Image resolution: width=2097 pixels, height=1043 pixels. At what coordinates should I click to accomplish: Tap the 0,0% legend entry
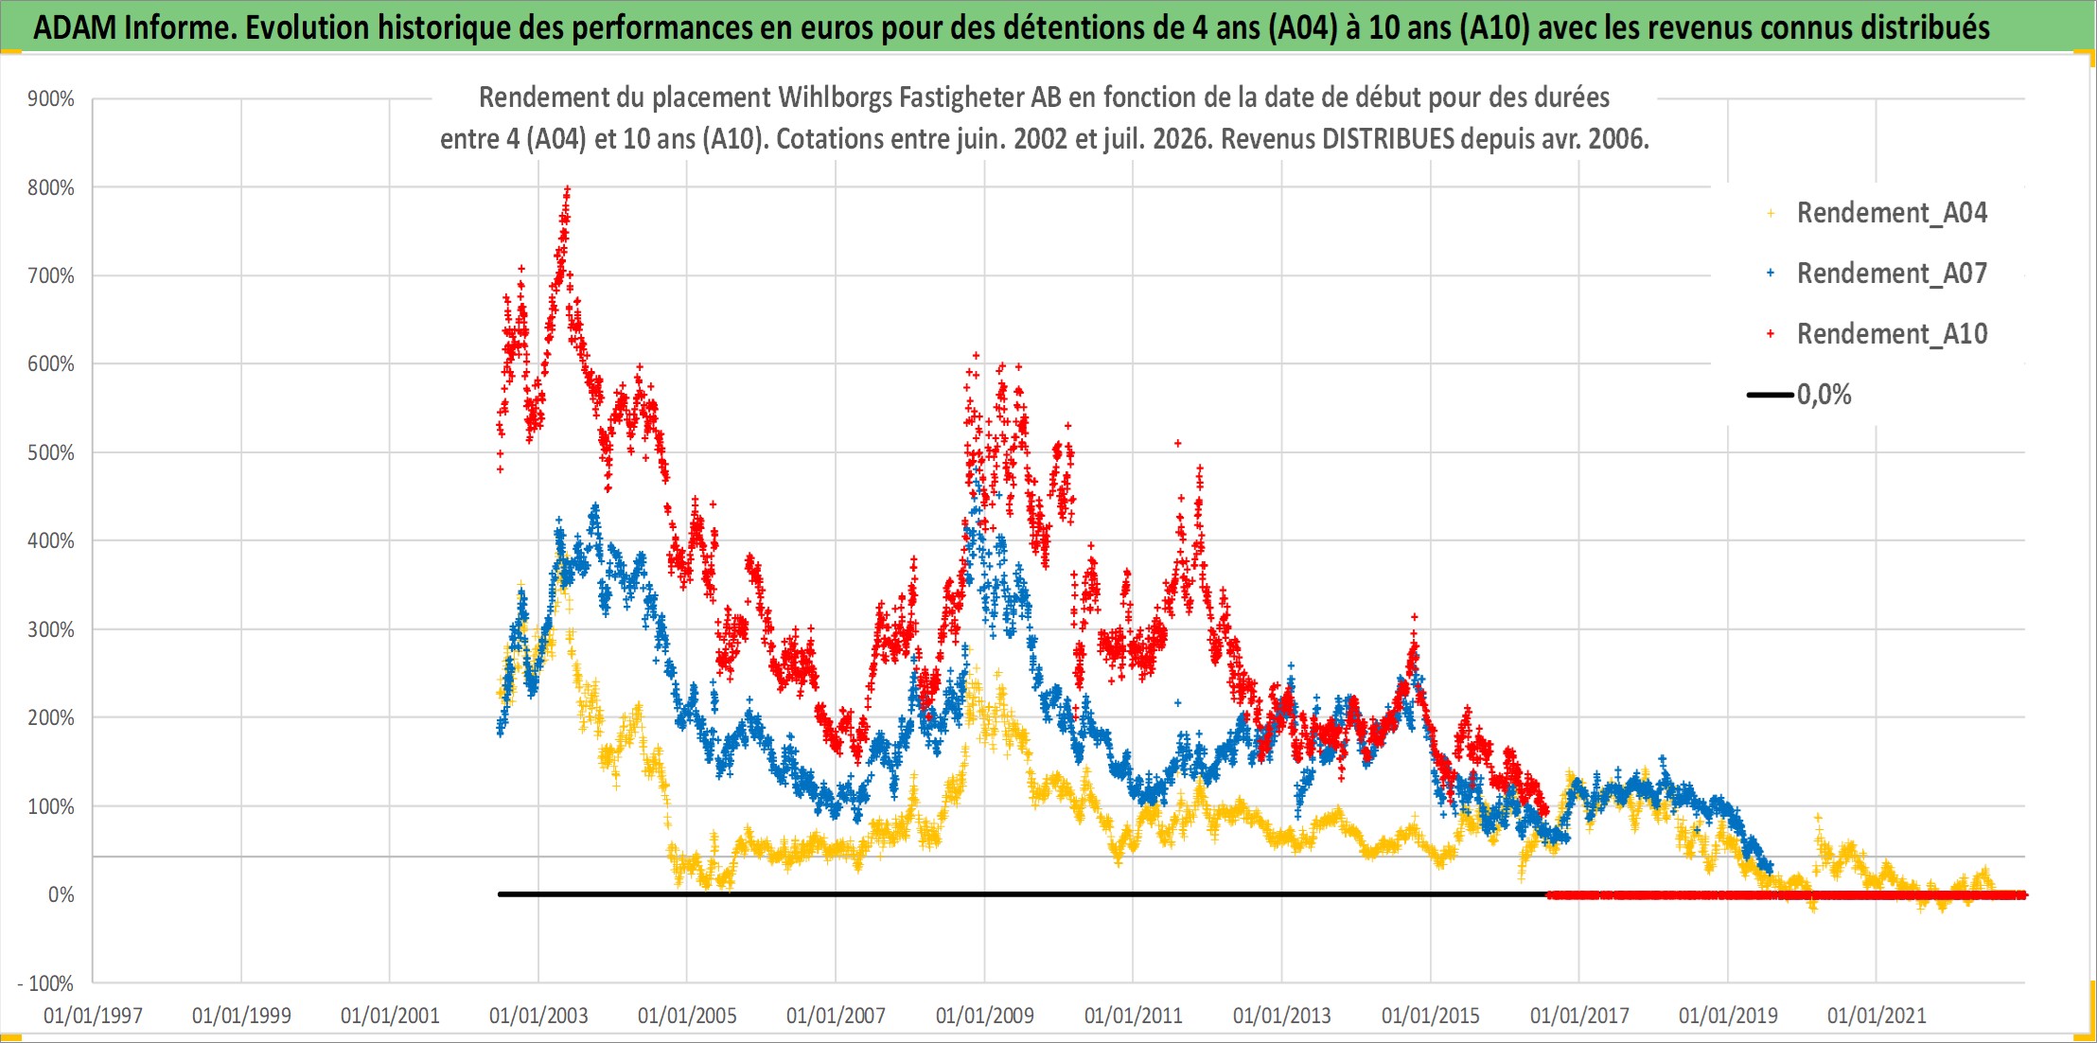tap(1799, 395)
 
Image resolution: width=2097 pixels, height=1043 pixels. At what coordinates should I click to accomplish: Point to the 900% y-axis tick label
tap(51, 98)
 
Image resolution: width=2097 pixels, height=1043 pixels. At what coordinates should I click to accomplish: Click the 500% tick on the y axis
tap(51, 452)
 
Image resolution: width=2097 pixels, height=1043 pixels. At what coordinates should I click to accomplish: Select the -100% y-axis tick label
tap(45, 983)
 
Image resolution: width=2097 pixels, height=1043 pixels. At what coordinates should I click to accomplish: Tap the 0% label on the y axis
tap(62, 894)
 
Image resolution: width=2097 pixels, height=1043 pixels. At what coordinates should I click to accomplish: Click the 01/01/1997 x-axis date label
tap(93, 1016)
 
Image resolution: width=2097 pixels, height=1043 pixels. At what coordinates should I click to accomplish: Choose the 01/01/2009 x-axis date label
tap(985, 1016)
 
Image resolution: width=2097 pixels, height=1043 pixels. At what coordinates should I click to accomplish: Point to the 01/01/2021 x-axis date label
tap(1877, 1016)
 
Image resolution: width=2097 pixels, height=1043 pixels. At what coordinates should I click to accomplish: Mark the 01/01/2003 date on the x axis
tap(538, 1016)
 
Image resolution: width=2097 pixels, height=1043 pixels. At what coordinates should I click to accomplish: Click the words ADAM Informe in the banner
tap(132, 27)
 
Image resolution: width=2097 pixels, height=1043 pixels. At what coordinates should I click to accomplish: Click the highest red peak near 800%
tap(567, 189)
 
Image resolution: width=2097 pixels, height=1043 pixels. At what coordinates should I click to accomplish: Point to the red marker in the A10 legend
tap(1771, 334)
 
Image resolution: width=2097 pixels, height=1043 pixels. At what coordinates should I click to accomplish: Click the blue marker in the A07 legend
tap(1771, 274)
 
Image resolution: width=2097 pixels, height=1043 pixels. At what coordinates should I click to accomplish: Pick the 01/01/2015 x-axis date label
tap(1431, 1016)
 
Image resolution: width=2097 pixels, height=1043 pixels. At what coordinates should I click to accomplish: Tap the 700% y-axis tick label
tap(51, 275)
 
